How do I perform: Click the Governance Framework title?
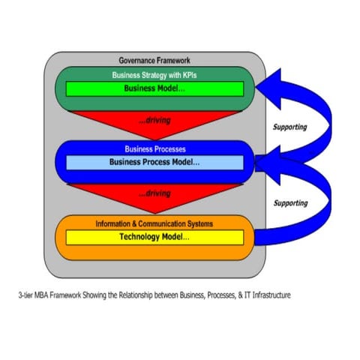pyautogui.click(x=155, y=60)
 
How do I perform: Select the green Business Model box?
pyautogui.click(x=155, y=88)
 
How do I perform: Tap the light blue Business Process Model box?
pyautogui.click(x=155, y=162)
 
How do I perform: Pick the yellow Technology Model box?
pyautogui.click(x=155, y=237)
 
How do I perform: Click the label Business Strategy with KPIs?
pyautogui.click(x=155, y=75)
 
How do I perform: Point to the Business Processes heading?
pyautogui.click(x=155, y=148)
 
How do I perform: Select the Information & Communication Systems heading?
pyautogui.click(x=155, y=223)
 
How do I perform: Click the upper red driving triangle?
pyautogui.click(x=155, y=120)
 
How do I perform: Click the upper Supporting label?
pyautogui.click(x=289, y=127)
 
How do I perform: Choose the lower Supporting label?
pyautogui.click(x=289, y=202)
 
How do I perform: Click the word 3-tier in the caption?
pyautogui.click(x=27, y=295)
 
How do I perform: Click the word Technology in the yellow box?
pyautogui.click(x=141, y=237)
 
